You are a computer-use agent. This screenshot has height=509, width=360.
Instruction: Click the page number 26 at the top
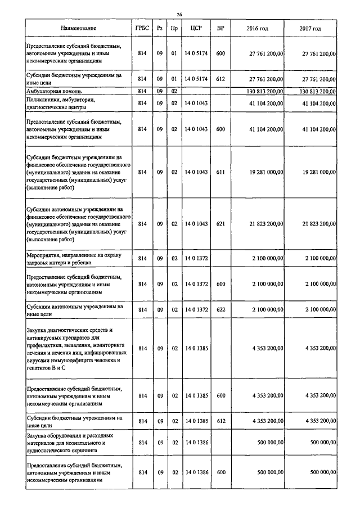179,14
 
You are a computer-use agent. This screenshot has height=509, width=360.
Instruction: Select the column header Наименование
79,28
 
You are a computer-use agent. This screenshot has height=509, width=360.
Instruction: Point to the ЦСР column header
196,28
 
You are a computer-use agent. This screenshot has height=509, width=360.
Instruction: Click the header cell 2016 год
257,28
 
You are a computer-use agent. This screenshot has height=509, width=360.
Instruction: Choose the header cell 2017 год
310,28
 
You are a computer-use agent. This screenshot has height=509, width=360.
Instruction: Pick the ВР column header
220,28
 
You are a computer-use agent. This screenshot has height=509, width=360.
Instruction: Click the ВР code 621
220,224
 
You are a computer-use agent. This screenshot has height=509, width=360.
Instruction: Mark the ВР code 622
220,310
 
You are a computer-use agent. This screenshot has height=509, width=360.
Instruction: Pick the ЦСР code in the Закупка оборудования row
196,443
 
